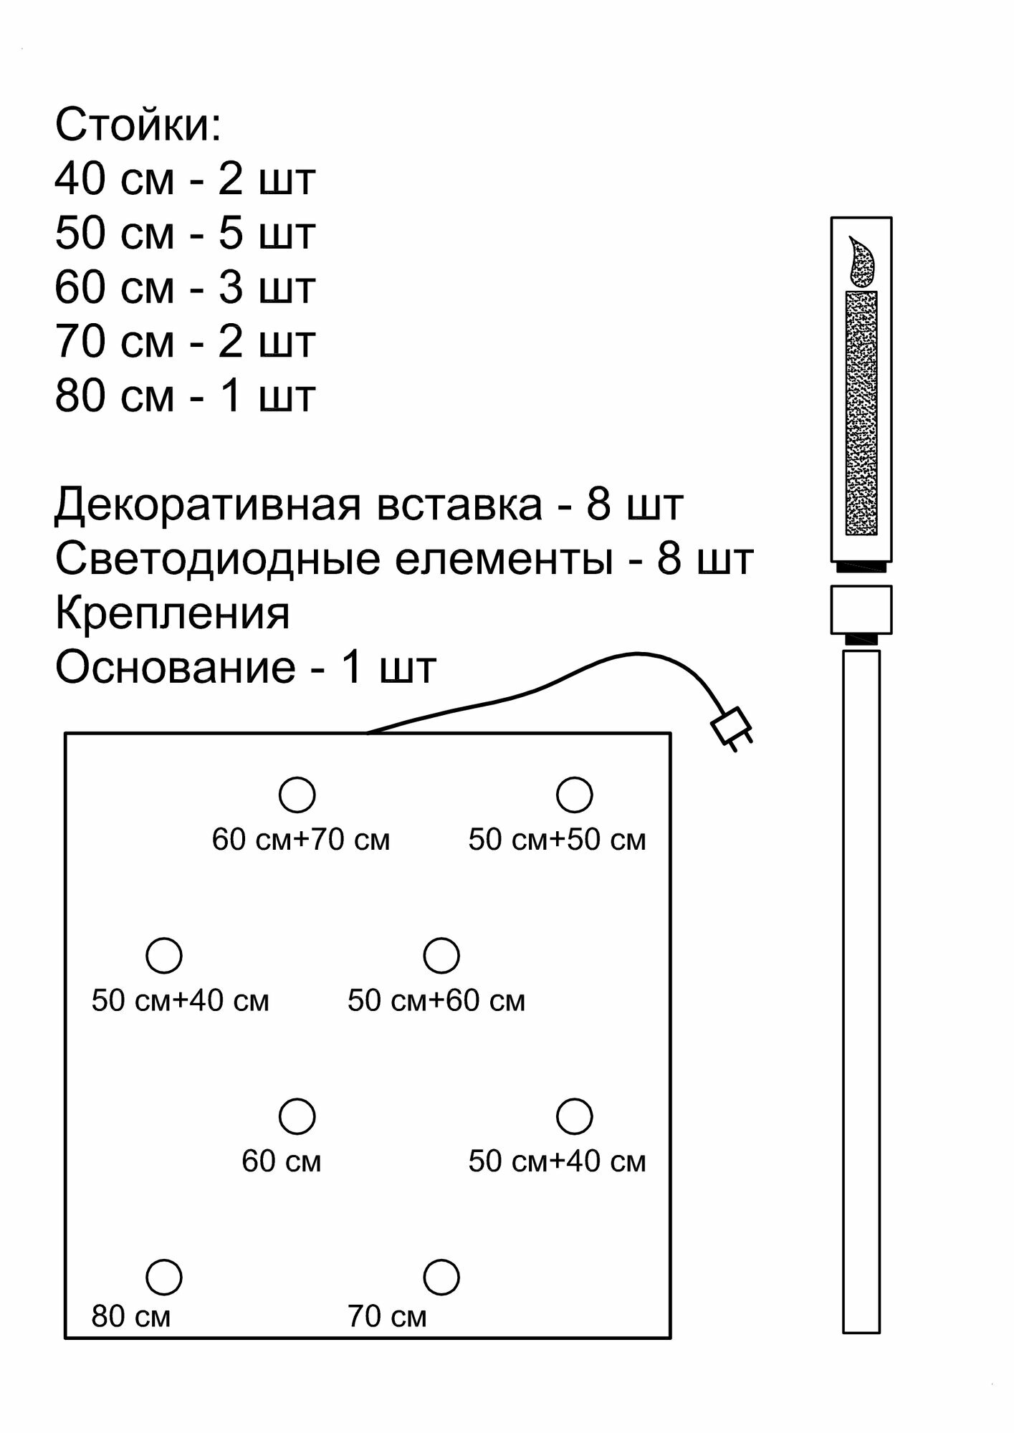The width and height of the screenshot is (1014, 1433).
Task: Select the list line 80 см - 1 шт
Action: (x=185, y=396)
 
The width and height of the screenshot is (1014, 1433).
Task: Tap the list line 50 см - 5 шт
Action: (x=185, y=234)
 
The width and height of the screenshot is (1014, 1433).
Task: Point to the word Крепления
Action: (x=173, y=613)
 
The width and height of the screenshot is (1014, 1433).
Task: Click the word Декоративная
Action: (x=207, y=505)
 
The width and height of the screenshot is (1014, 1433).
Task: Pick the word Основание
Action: (x=176, y=668)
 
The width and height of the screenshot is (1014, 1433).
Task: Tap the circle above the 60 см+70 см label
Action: (x=297, y=795)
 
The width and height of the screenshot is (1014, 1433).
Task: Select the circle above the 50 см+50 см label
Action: (x=575, y=795)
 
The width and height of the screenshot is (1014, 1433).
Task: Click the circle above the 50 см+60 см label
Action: (x=441, y=955)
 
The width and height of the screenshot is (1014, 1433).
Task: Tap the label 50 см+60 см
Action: (x=436, y=1001)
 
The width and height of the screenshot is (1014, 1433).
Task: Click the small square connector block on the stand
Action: (x=861, y=610)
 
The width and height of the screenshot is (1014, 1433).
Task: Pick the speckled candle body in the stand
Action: (x=861, y=413)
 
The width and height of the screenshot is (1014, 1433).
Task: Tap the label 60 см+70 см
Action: (x=301, y=840)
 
